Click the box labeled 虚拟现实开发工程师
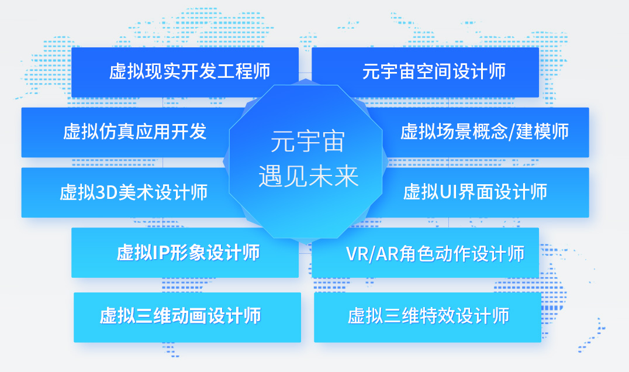(185, 72)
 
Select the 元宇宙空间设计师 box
(425, 72)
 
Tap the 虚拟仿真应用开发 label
(135, 132)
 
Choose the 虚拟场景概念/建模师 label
(485, 132)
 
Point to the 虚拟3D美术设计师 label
(134, 192)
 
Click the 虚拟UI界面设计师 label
(475, 192)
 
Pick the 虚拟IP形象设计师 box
(185, 253)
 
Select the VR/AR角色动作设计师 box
(425, 253)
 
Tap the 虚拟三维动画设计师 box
(187, 318)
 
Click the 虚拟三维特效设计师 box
(428, 318)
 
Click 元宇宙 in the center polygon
(307, 141)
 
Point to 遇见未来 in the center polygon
(308, 176)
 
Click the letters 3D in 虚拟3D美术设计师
(106, 192)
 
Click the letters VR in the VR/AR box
(355, 254)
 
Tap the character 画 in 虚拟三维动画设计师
(198, 316)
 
